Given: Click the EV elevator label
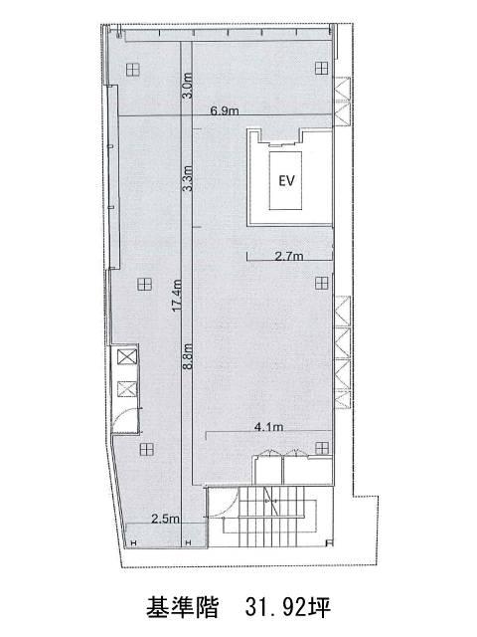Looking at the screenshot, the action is click(286, 180).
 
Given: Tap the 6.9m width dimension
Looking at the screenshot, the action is click(225, 110).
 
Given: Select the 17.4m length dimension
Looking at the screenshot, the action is click(177, 296).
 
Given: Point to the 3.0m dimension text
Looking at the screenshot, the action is click(187, 86).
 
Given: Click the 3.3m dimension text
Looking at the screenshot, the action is click(187, 178).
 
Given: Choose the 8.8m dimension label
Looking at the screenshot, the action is click(187, 356).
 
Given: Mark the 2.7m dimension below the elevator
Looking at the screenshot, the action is click(289, 256).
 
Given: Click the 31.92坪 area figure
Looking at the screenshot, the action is click(287, 607).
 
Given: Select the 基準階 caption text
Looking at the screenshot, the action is click(183, 607).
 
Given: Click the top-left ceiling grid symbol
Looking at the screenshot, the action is click(132, 70).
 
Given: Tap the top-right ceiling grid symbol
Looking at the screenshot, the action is click(322, 69).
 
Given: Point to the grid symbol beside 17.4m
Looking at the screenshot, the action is click(144, 284).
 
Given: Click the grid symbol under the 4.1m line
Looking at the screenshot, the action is click(322, 448).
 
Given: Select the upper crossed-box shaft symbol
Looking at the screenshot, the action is click(127, 357).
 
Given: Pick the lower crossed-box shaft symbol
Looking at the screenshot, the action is click(127, 389).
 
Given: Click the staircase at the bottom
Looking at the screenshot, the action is click(271, 517).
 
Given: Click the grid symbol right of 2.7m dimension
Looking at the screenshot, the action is click(322, 283).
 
